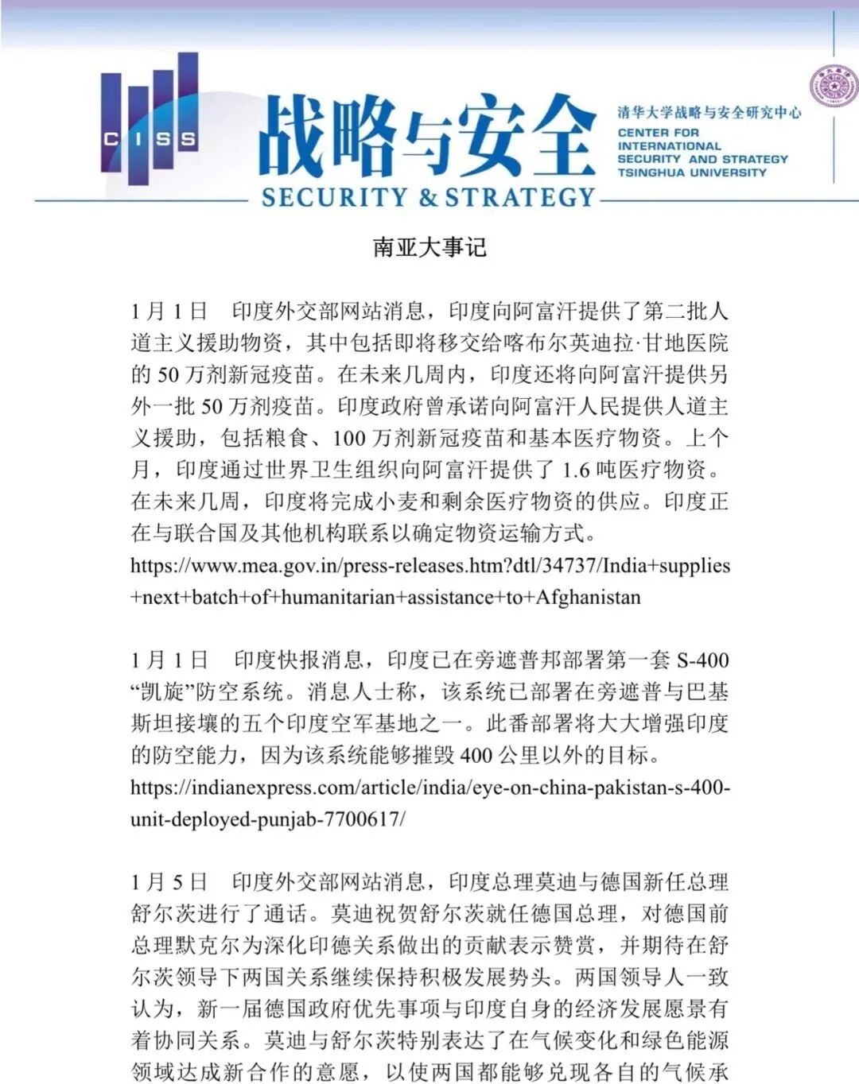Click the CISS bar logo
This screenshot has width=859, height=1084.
coord(150,119)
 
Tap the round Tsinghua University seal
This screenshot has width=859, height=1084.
coord(833,87)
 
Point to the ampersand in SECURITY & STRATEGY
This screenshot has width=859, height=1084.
coord(429,197)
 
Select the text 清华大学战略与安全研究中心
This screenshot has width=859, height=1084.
coord(709,113)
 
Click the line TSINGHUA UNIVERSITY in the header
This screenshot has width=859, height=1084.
coord(692,172)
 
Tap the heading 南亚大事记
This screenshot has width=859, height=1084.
coord(429,247)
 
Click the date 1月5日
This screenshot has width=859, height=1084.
coord(169,882)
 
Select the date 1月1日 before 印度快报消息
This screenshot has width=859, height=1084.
coord(169,660)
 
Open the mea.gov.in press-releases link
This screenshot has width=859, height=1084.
coord(429,566)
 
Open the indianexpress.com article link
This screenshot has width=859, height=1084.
coord(429,788)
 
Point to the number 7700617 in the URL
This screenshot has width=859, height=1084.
coord(362,819)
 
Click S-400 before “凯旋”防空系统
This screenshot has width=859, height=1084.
coord(702,660)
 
